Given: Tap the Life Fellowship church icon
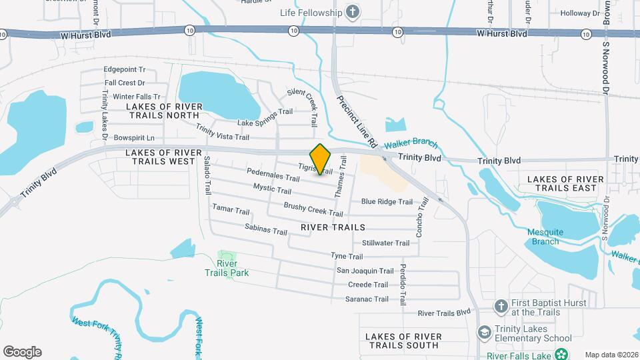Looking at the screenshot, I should click(x=353, y=12).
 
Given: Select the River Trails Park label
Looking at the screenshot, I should click(x=232, y=268).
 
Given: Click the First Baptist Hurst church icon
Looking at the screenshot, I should click(x=501, y=307).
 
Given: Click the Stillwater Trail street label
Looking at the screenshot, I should click(x=385, y=243).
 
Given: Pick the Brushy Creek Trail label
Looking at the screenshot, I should click(x=313, y=209).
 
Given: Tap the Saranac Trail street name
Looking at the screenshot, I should click(x=367, y=299).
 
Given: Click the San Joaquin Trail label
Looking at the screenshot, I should click(x=365, y=271).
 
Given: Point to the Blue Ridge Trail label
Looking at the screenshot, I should click(x=387, y=201).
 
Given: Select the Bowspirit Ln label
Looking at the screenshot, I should click(x=133, y=138).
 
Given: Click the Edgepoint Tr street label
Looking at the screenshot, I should click(x=125, y=69).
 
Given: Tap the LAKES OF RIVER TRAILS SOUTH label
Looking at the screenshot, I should click(x=399, y=340).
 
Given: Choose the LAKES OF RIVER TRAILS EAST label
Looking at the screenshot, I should click(x=565, y=183).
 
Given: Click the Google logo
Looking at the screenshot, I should click(x=22, y=352).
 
